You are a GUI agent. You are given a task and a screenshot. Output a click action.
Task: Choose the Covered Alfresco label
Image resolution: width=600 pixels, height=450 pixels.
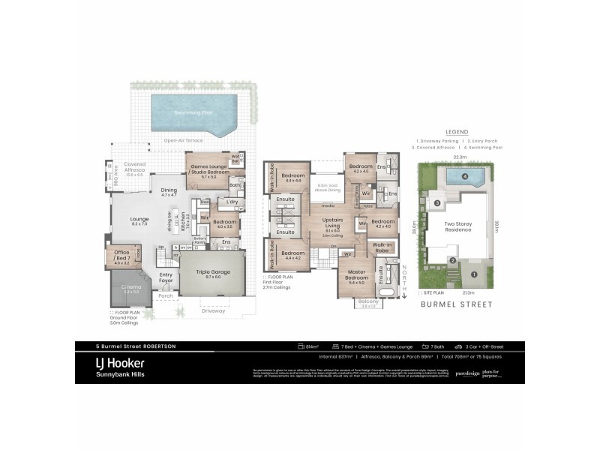tap(135, 168)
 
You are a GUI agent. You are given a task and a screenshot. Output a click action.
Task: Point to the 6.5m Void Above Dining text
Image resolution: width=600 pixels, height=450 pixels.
tap(329, 187)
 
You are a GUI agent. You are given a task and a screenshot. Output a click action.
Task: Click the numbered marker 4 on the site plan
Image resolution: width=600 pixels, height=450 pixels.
tap(465, 177)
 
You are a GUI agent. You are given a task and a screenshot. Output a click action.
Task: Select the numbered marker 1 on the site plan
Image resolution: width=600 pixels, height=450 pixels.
tap(473, 273)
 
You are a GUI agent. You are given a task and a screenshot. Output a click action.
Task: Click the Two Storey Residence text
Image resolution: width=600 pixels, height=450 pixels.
tap(458, 226)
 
